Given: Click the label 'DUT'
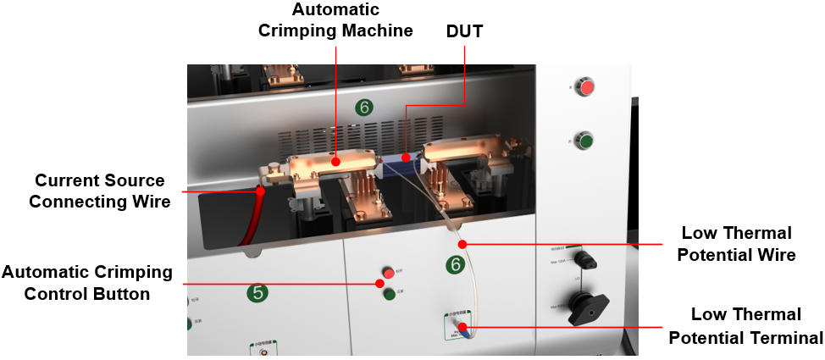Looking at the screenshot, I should (x=464, y=31).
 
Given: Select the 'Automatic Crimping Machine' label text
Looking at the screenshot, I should (x=352, y=20).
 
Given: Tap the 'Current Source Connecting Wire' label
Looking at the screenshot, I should (x=99, y=191).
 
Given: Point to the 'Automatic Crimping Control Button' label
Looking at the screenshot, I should (x=86, y=283).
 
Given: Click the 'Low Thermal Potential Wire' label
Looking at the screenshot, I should (x=738, y=243).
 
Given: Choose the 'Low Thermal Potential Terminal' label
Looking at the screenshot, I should (x=745, y=325).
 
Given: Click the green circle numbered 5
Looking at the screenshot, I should (x=258, y=293).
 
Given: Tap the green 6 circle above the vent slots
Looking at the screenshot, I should (x=363, y=107).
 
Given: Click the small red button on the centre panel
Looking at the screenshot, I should (x=389, y=273).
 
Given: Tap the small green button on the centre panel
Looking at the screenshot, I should (x=389, y=294).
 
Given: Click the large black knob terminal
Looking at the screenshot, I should (x=587, y=307).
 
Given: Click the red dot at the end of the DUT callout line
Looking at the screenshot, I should (x=406, y=157).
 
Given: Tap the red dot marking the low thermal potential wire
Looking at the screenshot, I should (x=462, y=245).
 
